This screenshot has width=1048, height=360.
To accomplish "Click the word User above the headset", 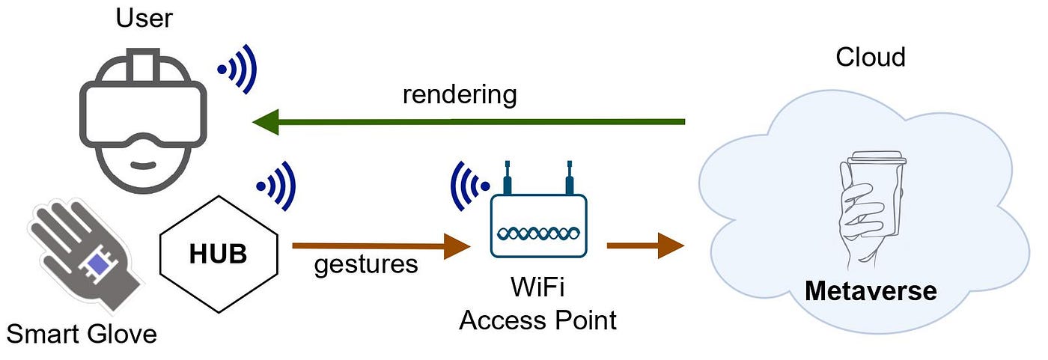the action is [144, 19].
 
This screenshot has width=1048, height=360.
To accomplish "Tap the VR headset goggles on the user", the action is [143, 115].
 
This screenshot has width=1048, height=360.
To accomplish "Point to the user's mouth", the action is [143, 165].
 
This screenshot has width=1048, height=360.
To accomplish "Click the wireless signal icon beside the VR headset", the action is [237, 69].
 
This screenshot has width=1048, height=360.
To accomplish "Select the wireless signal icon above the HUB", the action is [276, 186].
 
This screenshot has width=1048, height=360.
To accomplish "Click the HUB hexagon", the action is [219, 254].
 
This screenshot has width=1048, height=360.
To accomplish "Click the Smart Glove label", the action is [82, 334].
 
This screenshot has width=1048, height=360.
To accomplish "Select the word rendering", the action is [460, 95].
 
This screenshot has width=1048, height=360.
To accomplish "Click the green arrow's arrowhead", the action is [266, 122].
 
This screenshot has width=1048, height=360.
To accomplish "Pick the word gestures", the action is [366, 265].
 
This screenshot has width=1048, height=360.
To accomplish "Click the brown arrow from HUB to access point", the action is [381, 246].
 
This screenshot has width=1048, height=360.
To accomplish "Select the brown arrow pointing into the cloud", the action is [645, 245].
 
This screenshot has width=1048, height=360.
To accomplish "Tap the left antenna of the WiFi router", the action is [508, 177].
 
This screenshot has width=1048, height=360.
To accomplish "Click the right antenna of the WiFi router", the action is [570, 177].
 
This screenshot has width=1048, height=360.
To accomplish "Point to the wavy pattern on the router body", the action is [538, 233].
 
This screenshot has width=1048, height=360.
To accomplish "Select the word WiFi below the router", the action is [537, 287].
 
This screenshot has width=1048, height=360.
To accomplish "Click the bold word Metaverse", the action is [871, 291].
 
